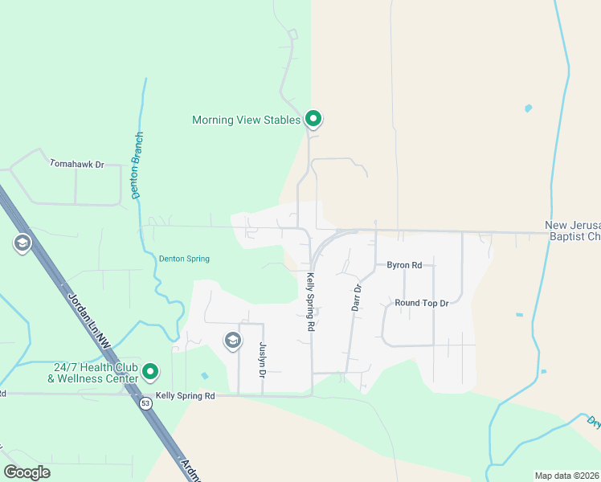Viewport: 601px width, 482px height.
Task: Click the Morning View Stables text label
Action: coord(246,120)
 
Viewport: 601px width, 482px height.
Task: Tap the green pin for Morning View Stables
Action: coord(313,120)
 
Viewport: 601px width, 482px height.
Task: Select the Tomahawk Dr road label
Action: coord(77,165)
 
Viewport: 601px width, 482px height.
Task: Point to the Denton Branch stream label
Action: coord(137,165)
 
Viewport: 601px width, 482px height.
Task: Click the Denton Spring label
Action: coord(184,259)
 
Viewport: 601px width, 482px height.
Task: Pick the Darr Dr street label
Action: coord(358,297)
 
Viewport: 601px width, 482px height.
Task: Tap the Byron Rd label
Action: coord(404,264)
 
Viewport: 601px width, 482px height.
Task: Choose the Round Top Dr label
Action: coord(421,303)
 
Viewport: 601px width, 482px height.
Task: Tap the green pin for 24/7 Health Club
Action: coord(151,373)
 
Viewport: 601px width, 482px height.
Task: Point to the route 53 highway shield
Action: coord(145,402)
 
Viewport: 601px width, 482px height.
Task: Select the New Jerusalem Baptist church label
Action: coord(572,231)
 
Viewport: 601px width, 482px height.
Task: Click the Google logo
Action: coord(27,472)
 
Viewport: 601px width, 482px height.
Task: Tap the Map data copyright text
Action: coord(567,475)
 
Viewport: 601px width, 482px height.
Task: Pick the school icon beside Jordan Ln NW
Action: coord(22,243)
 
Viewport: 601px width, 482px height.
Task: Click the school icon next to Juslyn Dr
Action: coord(233,341)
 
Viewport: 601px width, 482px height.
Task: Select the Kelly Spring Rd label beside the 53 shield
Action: coord(186,396)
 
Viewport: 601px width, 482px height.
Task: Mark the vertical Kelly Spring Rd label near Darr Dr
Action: coord(309,302)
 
